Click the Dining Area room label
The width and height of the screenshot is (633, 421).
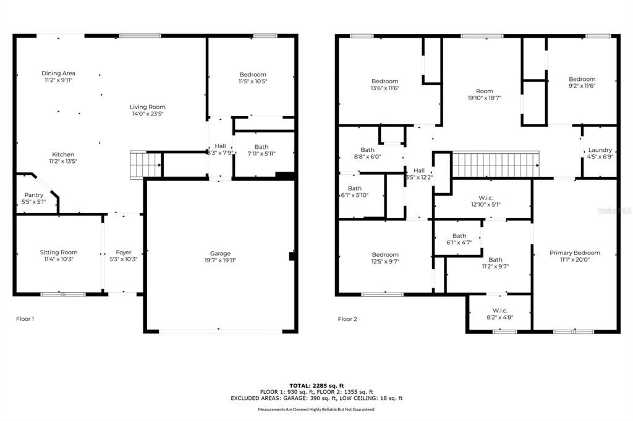(59, 73)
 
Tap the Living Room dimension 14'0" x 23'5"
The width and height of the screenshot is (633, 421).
(148, 114)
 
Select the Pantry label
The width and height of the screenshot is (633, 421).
(33, 195)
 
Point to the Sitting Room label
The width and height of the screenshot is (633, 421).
(59, 252)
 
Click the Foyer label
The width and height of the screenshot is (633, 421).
(124, 252)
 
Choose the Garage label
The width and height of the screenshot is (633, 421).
(220, 253)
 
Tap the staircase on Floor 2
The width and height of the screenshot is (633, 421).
(495, 165)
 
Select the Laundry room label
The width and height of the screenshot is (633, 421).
(600, 150)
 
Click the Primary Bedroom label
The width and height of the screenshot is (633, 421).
(575, 252)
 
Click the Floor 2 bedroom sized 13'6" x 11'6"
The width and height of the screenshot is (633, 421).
(384, 81)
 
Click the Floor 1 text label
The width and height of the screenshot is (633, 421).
(25, 319)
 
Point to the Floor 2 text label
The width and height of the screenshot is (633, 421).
(347, 319)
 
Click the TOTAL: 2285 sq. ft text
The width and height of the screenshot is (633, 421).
(316, 385)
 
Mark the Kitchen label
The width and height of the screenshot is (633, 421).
(62, 154)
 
